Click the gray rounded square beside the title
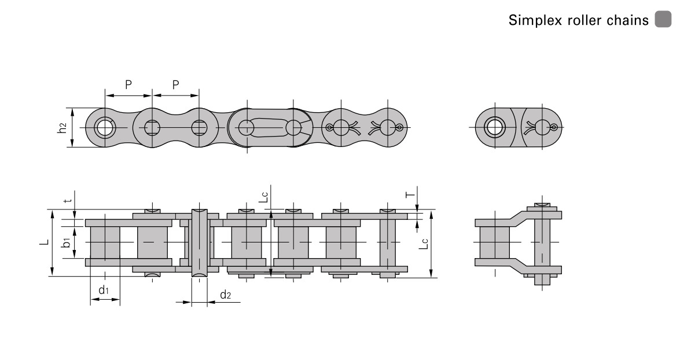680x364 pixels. point(663,19)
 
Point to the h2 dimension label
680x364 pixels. point(63,127)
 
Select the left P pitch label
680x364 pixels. point(128,84)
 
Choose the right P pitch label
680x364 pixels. point(175,84)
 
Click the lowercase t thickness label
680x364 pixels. point(66,201)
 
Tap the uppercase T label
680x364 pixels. point(410,195)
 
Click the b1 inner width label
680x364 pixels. point(66,242)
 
